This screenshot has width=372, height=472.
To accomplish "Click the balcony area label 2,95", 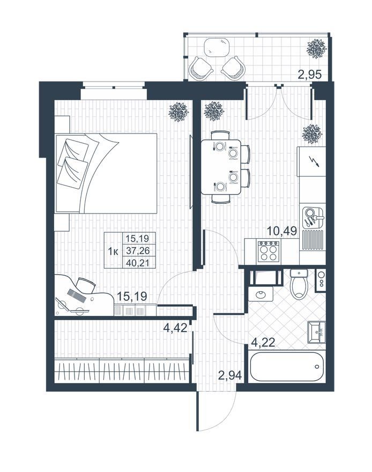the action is point(309,74).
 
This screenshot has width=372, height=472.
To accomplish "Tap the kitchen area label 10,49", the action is point(282,231).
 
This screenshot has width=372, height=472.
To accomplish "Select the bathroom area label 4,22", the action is point(263,342).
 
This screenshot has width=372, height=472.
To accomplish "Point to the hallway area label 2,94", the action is point(230,375).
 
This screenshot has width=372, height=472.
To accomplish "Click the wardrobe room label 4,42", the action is point(175,328).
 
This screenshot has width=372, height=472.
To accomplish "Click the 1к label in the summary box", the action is point(113,250).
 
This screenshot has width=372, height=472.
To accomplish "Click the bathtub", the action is point(287,367).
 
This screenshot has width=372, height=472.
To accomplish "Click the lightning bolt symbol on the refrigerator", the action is point(316,161).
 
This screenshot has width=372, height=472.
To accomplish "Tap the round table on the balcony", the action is point(218,47).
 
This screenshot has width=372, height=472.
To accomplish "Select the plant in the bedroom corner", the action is point(178,112).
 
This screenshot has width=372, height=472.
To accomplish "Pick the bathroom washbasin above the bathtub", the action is point(316,332).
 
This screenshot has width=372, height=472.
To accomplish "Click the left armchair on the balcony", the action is point(200,69).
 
